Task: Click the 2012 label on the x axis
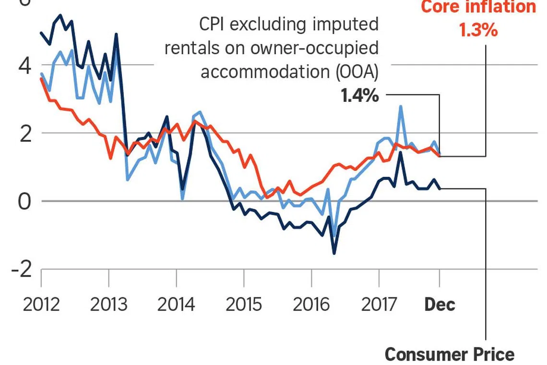tap(41, 304)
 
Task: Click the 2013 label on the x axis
tap(109, 304)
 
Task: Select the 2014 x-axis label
tap(177, 304)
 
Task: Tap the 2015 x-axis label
tap(244, 304)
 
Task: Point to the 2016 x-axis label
tap(311, 304)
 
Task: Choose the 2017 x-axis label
tap(379, 304)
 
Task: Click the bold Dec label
tap(440, 304)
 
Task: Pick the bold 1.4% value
tap(359, 96)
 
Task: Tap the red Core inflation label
tap(478, 7)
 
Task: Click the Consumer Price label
tap(449, 354)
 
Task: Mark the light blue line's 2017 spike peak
tap(400, 107)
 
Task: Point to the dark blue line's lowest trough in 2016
tap(334, 253)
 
